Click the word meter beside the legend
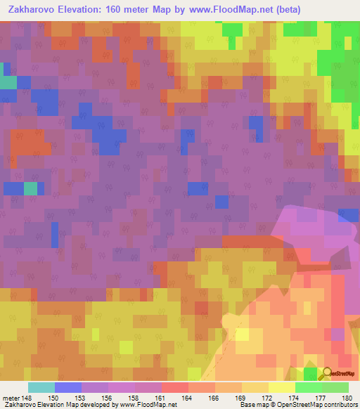[11, 397]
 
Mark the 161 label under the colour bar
[162, 397]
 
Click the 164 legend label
[189, 397]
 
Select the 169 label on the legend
[243, 397]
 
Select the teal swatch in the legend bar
[41, 387]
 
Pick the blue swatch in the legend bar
[68, 387]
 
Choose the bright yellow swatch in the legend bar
[282, 387]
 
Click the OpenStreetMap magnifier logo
[328, 373]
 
